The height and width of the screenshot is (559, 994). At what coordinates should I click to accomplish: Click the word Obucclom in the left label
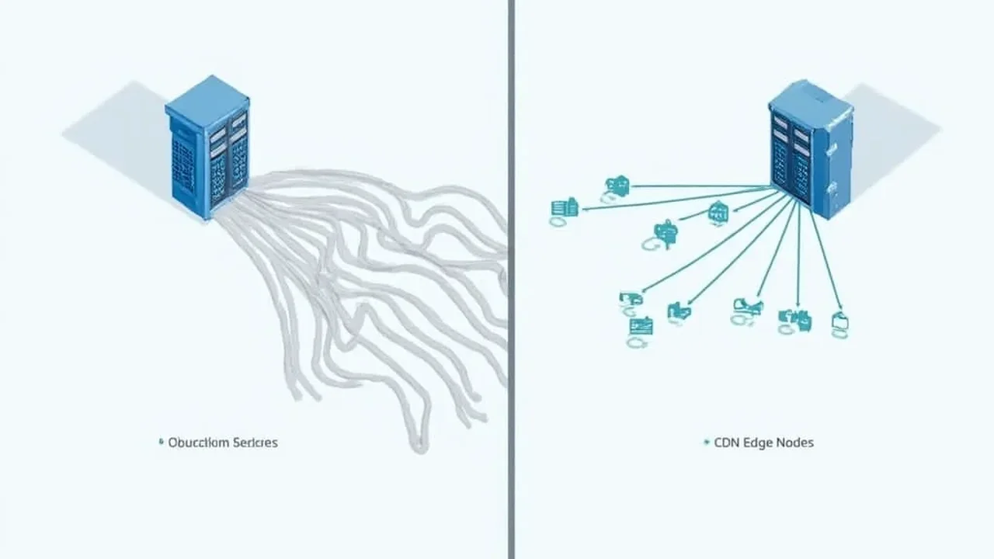pyautogui.click(x=199, y=443)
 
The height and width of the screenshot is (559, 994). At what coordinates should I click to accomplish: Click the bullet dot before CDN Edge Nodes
pyautogui.click(x=706, y=443)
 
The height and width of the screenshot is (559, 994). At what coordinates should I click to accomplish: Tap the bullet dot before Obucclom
pyautogui.click(x=160, y=443)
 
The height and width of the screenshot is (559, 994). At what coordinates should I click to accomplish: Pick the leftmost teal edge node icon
pyautogui.click(x=564, y=209)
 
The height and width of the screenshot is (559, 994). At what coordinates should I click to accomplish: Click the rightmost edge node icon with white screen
pyautogui.click(x=839, y=322)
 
